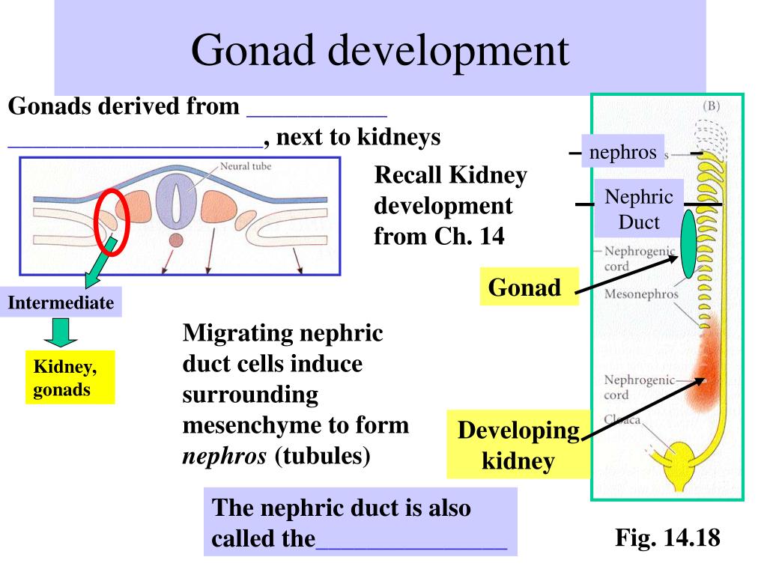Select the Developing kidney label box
coord(518,445)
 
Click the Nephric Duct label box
coord(639,209)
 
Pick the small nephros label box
coord(622,153)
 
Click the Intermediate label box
coord(61,303)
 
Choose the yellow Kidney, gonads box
coord(70,377)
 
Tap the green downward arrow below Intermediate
coord(66,332)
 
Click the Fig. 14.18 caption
coord(667,538)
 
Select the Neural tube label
coord(246,166)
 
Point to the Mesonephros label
coord(640,294)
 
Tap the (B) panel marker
coord(712,106)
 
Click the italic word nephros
coord(225,456)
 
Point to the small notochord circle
coord(175,240)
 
